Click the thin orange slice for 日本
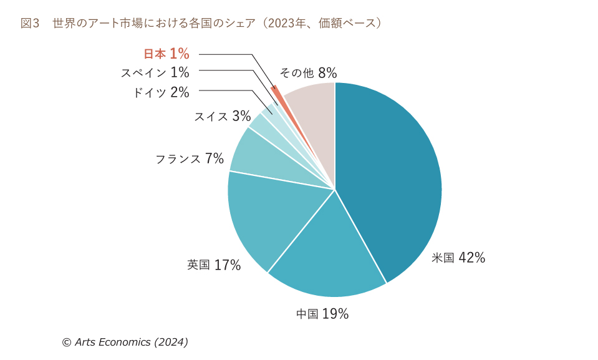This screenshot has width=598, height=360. point(278,97)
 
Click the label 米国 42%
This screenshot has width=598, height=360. point(458,258)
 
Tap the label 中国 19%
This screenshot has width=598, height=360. point(322,314)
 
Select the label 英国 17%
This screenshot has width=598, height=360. point(213,265)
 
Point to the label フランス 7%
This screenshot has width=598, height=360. point(189,158)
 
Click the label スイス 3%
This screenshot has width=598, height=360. point(222,116)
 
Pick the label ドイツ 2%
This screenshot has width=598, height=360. point(160,92)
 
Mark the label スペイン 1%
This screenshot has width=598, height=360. point(155,72)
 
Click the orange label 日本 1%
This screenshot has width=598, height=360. point(166,54)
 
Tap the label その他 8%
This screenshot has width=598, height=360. point(308,72)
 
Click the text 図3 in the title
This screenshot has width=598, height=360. point(30,23)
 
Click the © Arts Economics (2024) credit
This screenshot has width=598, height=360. point(125,342)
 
